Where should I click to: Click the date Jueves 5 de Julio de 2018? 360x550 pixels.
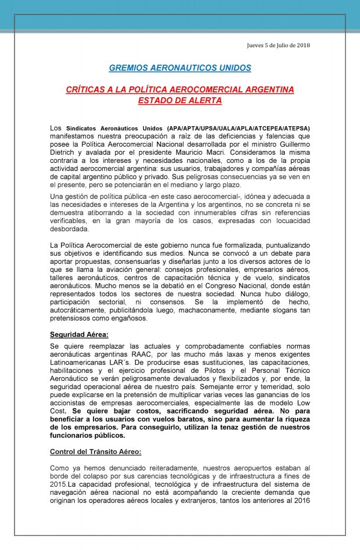tap(278, 45)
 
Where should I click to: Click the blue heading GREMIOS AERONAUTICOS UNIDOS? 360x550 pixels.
tap(179, 68)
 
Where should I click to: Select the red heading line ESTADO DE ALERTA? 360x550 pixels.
tap(179, 100)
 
